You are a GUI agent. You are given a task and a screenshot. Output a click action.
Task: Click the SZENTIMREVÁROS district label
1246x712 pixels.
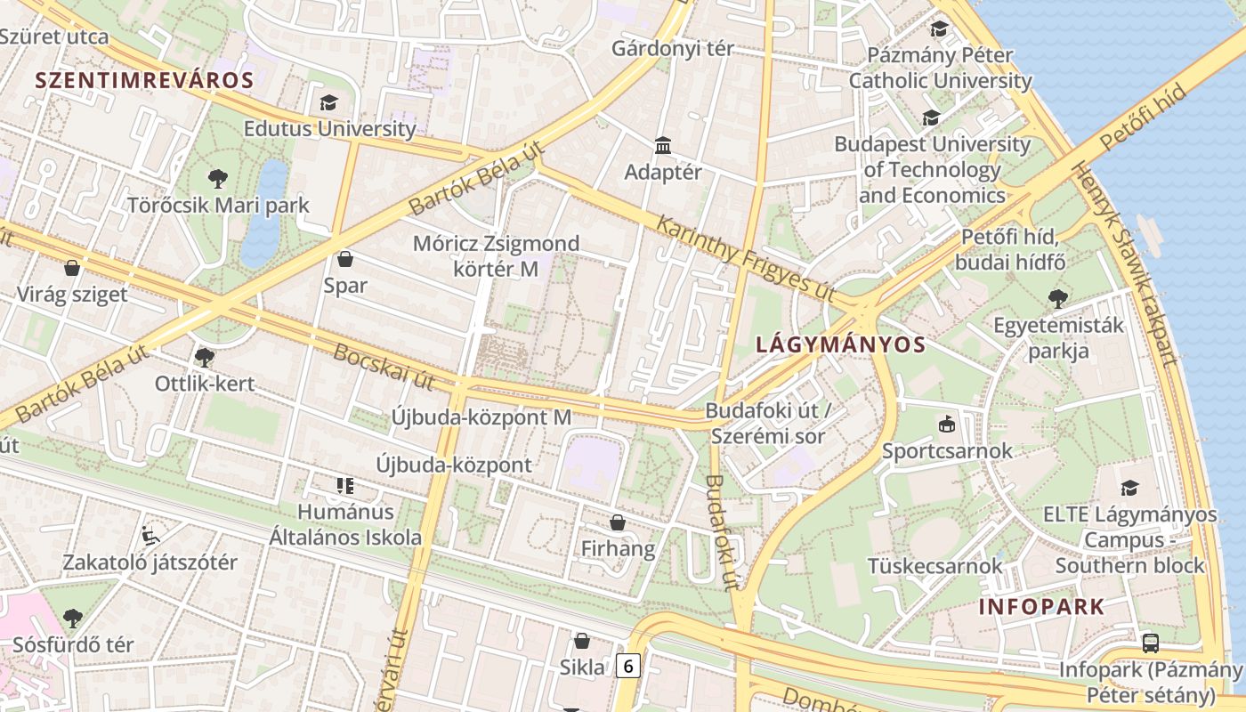pos(144,80)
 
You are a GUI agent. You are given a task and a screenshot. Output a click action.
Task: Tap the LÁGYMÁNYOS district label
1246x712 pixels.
pos(840,344)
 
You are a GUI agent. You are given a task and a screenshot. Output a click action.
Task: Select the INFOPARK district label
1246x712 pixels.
pos(1041,607)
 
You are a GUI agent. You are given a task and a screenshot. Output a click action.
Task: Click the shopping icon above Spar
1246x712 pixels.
pos(345,259)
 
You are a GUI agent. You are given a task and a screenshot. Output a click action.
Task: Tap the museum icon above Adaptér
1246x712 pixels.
pos(662,145)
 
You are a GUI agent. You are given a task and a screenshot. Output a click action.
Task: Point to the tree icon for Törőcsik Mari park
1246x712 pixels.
pos(217,179)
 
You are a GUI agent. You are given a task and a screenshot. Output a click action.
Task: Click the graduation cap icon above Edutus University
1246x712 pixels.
pos(328,102)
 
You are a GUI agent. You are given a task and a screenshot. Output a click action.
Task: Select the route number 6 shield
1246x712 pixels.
pos(628,665)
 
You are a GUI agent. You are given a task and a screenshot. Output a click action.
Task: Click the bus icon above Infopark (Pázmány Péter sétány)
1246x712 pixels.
pos(1150,643)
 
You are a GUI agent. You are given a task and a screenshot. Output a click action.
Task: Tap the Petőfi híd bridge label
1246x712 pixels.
pos(1143,117)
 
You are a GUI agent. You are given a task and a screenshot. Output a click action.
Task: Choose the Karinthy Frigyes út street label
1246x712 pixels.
pos(745,255)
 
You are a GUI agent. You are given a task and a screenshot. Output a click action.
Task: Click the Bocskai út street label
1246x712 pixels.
pos(384,366)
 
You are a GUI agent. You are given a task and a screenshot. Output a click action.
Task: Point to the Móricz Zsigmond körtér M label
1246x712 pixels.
pos(496,255)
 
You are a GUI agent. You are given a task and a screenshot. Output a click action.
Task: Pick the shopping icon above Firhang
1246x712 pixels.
pos(617,522)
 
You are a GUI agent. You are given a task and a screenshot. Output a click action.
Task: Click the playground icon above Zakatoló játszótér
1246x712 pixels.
pos(150,535)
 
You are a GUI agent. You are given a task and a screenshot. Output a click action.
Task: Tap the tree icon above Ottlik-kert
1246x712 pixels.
pos(204,358)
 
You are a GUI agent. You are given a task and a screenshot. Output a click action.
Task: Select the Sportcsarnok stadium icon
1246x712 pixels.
pos(946,425)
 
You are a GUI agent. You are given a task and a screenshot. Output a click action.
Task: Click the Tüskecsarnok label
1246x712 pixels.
pos(934,566)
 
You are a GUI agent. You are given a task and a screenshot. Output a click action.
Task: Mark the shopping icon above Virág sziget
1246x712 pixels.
pos(72,268)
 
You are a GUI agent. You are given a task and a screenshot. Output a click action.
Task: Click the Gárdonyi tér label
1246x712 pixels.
pos(673,48)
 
